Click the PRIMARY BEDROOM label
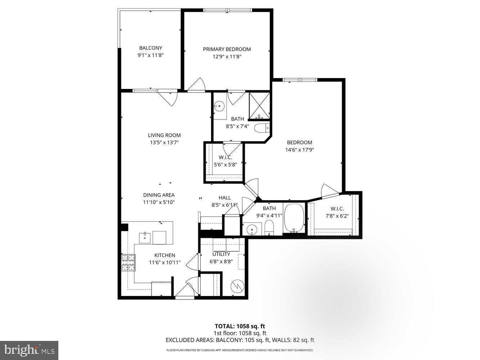point(227,49)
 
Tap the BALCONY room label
point(151,48)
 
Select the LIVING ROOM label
point(164,135)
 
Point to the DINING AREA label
point(159,195)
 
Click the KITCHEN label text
point(165,255)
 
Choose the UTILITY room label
point(221,254)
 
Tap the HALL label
point(225,198)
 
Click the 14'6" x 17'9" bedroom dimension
point(300,150)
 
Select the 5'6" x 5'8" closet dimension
point(225,165)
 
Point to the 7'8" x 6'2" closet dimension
point(337,216)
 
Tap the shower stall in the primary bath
point(259,106)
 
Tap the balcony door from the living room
point(168,97)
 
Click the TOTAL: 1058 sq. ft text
point(240,327)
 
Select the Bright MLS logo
point(29,350)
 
